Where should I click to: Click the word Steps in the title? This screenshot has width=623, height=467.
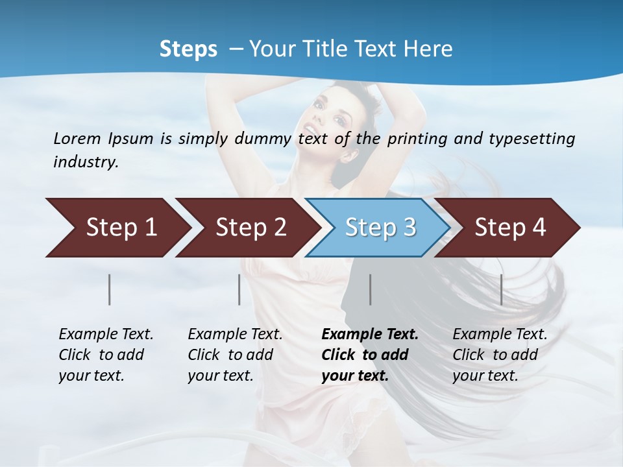tap(188, 49)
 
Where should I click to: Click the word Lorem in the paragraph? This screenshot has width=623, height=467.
tap(77, 138)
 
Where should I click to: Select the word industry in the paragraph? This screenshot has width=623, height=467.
tap(85, 162)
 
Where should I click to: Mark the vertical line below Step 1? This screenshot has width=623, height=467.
tap(110, 289)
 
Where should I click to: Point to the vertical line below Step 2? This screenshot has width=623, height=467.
tap(239, 289)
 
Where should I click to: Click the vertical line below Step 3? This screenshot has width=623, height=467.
tap(370, 289)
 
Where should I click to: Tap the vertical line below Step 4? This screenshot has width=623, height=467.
tap(501, 289)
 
